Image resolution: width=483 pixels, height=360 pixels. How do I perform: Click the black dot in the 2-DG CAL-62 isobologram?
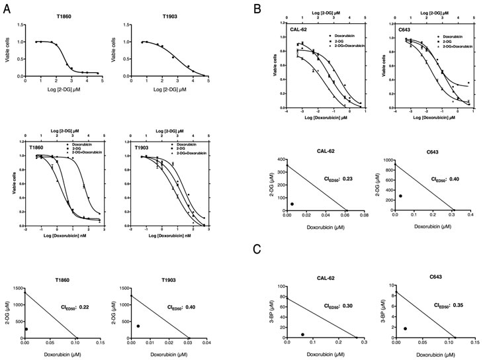pyautogui.click(x=292, y=204)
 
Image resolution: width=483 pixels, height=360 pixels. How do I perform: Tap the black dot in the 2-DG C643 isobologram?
pyautogui.click(x=400, y=196)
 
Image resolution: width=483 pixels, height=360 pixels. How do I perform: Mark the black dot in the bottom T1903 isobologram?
pyautogui.click(x=138, y=326)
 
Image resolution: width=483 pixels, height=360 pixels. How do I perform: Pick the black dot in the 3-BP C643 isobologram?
pyautogui.click(x=404, y=328)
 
